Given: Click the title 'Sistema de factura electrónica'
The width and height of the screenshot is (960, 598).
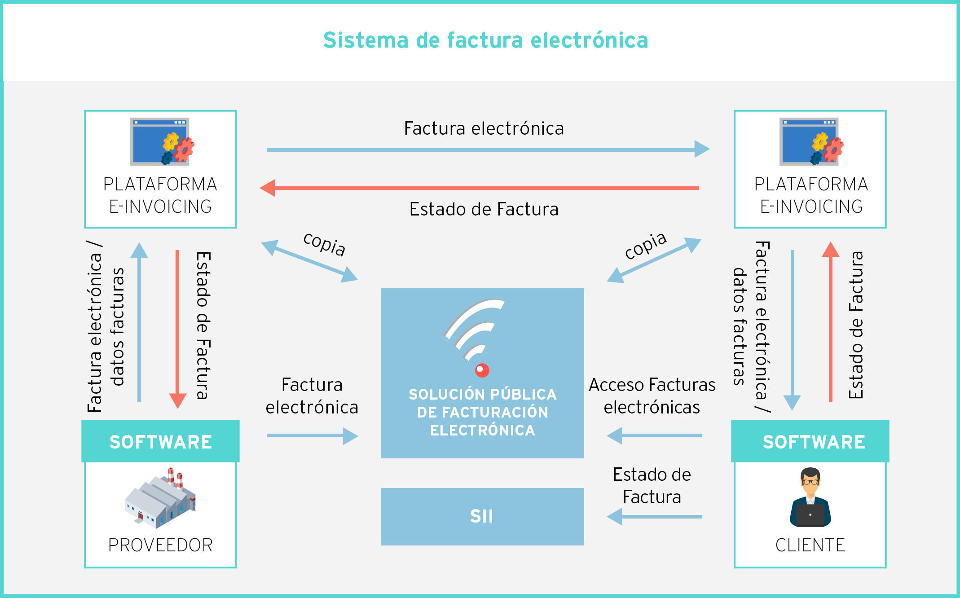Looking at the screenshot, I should tap(486, 40).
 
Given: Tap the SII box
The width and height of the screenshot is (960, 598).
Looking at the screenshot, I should tap(482, 516).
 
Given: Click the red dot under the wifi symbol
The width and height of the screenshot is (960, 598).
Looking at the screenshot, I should tap(482, 370).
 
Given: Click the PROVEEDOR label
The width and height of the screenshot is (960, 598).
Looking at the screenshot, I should tap(160, 545).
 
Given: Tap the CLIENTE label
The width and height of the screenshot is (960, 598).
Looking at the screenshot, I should tap(810, 545).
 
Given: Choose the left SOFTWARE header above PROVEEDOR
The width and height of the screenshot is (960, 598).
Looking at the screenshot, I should tap(160, 442).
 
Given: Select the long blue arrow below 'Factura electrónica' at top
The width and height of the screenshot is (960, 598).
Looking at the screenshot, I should tap(488, 149).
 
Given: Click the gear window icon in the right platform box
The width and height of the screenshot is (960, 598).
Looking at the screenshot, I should tap(811, 141).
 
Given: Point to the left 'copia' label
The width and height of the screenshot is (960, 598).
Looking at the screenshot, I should tap(324, 244).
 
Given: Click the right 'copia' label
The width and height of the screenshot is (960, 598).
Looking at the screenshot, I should tap(645, 246).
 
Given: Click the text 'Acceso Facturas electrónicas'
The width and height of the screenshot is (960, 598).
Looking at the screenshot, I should tap(652, 396).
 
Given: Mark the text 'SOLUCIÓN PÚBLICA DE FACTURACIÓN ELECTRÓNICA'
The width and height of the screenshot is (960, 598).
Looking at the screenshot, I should tap(482, 412).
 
